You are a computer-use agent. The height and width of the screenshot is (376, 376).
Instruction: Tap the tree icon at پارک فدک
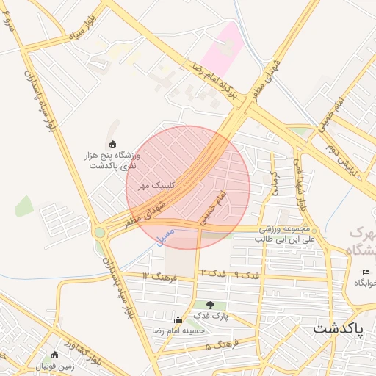pos(211,305)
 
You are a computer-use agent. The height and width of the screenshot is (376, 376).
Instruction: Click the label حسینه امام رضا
pos(177,332)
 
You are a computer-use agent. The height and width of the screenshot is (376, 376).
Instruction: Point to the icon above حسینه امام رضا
pos(177,320)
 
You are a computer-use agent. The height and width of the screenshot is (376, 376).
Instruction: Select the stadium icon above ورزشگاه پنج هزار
pos(112,144)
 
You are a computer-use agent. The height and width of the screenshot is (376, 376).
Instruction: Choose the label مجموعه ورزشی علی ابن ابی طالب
pos(285,234)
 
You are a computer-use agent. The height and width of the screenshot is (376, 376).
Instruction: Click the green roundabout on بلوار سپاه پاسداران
pos(99,233)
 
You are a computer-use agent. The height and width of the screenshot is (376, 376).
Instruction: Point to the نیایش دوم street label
pos(340,155)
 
